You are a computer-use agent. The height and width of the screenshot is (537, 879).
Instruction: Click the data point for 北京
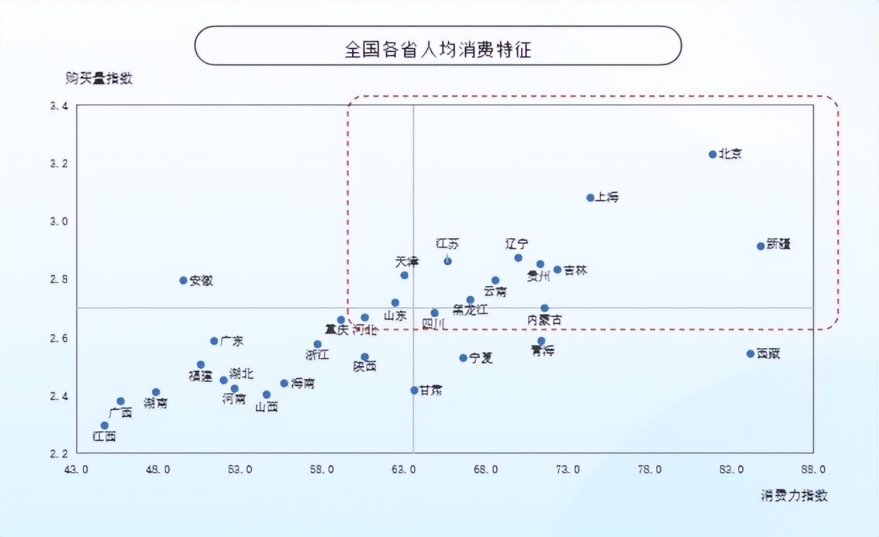click(713, 154)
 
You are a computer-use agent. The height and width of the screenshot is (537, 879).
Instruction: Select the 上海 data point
click(590, 198)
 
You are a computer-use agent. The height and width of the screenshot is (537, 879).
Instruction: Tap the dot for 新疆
click(761, 246)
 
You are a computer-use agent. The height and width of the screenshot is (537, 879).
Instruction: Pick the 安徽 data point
click(183, 280)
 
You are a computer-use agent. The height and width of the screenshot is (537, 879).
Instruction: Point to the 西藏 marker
click(750, 354)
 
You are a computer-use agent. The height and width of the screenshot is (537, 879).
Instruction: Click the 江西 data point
click(104, 426)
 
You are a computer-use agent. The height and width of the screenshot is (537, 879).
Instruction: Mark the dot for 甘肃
click(414, 390)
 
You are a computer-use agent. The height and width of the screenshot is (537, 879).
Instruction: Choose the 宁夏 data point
click(463, 358)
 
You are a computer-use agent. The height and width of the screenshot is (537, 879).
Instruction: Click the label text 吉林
click(575, 271)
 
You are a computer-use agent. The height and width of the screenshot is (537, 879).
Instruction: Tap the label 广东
click(232, 341)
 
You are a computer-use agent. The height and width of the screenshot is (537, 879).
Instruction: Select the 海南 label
click(303, 384)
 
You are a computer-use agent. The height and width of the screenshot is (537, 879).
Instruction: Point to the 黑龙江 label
click(470, 310)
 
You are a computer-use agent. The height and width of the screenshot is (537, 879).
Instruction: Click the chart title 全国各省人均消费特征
click(437, 49)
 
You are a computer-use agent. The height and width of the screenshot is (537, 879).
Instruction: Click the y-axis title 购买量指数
click(99, 78)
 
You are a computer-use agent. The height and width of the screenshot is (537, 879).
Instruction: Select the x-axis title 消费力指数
click(794, 495)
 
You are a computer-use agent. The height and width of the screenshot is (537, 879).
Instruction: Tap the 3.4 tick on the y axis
click(59, 106)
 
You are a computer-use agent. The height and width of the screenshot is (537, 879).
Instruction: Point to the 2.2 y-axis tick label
click(59, 453)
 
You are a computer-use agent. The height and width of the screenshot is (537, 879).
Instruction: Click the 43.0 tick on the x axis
click(76, 470)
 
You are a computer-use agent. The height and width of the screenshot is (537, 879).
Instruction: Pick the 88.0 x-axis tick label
click(813, 470)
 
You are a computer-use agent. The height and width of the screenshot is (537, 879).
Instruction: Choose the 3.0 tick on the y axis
click(59, 222)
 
